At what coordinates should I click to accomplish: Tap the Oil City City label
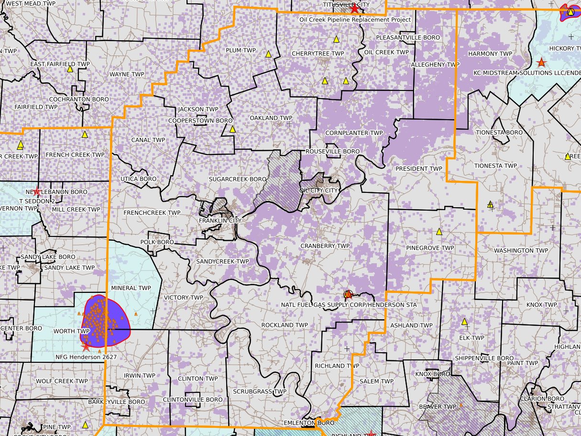[x=318, y=190]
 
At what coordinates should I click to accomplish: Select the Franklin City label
[x=220, y=221]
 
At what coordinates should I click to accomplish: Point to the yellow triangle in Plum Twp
[x=269, y=54]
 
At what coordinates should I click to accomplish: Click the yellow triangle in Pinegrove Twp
[x=439, y=232]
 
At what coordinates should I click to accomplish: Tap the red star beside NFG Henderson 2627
[x=86, y=347]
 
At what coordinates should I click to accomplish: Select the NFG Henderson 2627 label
[x=86, y=357]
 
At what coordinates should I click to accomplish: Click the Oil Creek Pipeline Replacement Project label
[x=355, y=20]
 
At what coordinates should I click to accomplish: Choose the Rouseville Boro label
[x=332, y=152]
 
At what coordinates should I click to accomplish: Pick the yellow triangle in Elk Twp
[x=464, y=322]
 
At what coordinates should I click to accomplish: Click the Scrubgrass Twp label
[x=259, y=391]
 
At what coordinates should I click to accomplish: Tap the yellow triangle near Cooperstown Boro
[x=232, y=129]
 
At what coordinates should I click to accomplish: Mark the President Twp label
[x=419, y=169]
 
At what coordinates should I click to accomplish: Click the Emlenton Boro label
[x=315, y=423]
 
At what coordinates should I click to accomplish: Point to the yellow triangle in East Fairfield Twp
[x=70, y=69]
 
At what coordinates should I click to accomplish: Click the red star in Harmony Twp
[x=541, y=62]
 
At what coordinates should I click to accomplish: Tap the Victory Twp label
[x=184, y=298]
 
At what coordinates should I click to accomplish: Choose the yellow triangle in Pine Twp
[x=85, y=425]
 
